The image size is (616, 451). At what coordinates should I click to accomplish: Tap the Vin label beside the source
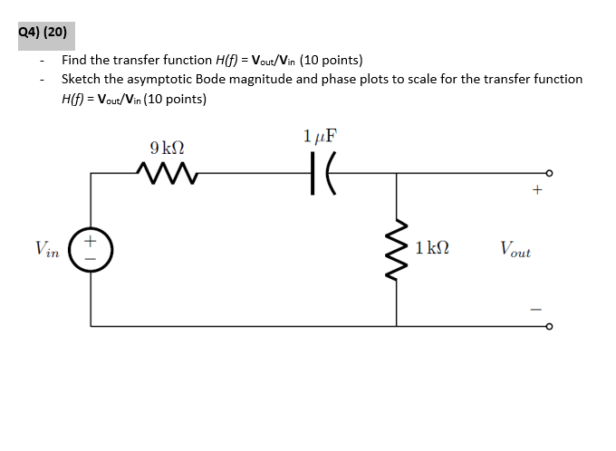tap(47, 248)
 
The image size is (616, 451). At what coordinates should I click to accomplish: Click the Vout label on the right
tap(515, 248)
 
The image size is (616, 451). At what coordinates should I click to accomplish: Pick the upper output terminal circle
tap(547, 171)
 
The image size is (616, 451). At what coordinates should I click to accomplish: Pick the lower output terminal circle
tap(547, 326)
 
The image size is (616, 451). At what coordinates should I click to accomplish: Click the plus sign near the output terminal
tap(537, 191)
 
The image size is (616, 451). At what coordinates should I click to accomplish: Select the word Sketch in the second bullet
tap(82, 79)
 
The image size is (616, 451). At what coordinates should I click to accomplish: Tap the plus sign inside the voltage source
tap(91, 241)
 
